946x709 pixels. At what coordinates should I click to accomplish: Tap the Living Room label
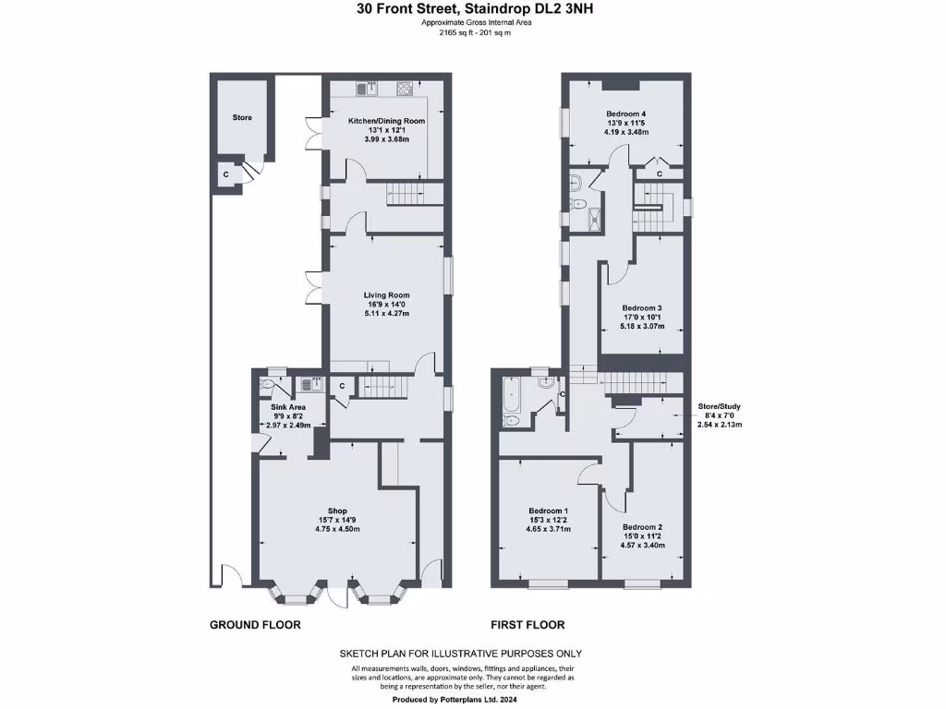click(386, 295)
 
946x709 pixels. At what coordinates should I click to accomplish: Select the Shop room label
click(336, 511)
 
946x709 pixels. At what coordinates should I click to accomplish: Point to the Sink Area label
click(287, 406)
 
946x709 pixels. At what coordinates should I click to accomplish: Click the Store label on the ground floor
click(242, 117)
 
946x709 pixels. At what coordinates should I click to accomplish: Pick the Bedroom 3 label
click(641, 307)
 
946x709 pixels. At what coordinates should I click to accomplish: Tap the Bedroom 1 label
click(548, 511)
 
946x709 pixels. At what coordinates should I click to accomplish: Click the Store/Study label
click(719, 405)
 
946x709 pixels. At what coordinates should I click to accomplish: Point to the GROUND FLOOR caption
click(255, 625)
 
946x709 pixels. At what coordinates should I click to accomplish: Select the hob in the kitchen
click(405, 90)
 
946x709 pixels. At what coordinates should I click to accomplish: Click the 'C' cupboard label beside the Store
click(224, 174)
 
